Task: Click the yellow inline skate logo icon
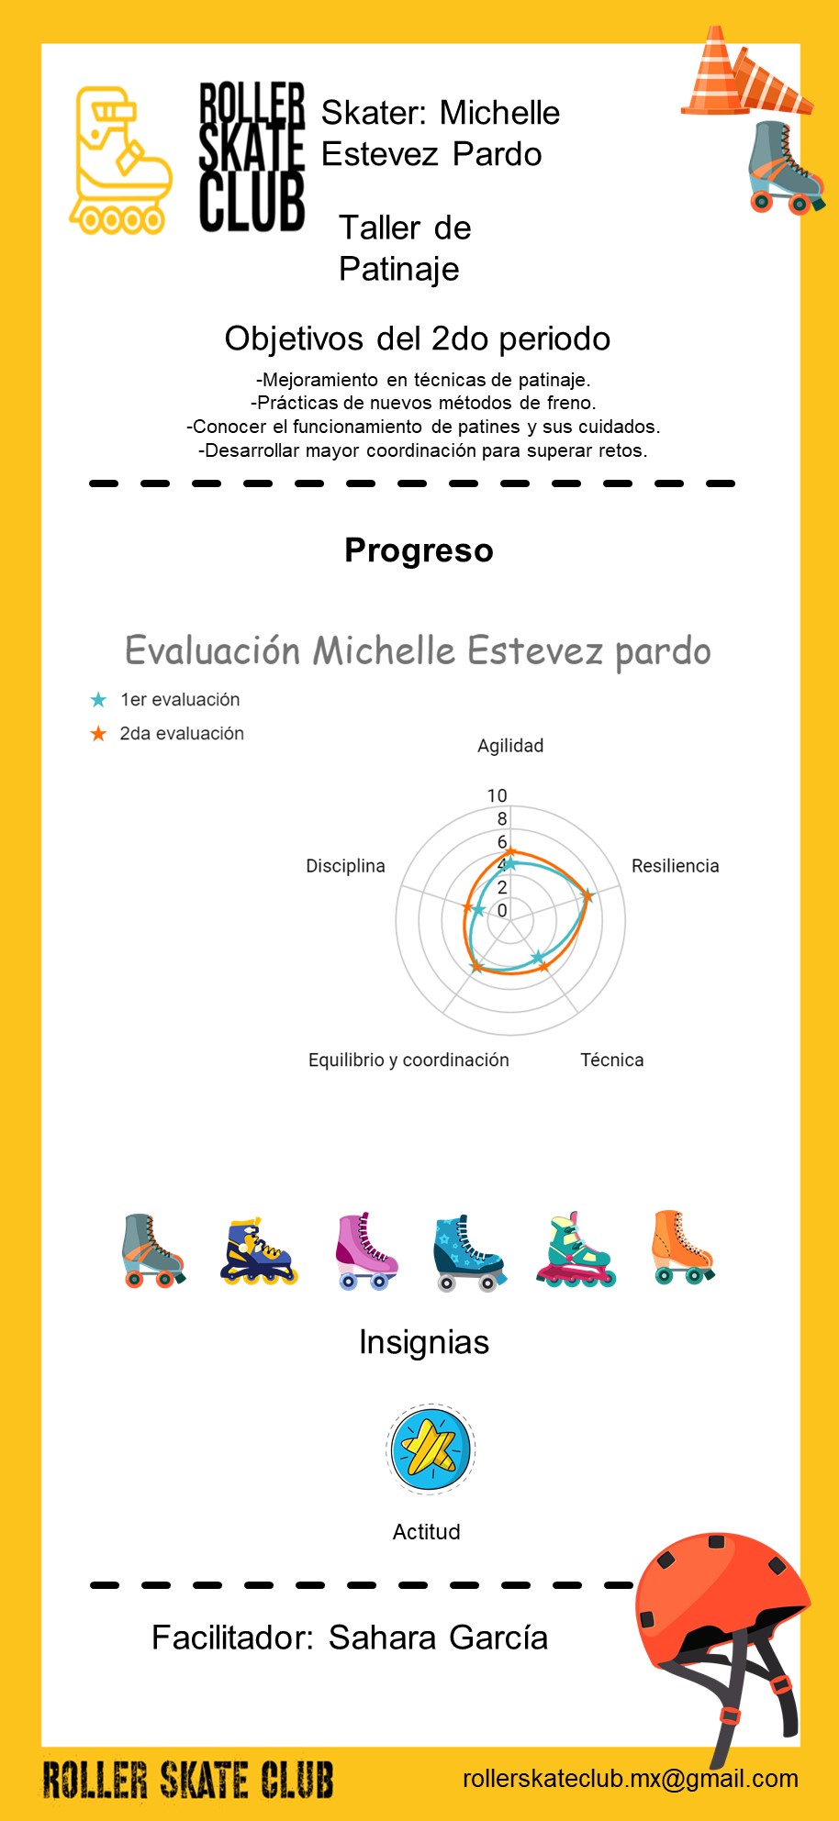tap(119, 161)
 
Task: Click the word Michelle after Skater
tap(499, 113)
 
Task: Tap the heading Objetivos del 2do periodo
tap(418, 339)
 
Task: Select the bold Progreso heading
tap(419, 550)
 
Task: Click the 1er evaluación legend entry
tap(164, 700)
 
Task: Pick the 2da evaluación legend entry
tap(166, 734)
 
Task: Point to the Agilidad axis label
tap(510, 746)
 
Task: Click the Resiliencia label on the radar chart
tap(675, 866)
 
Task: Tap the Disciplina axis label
tap(345, 866)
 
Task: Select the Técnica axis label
tap(612, 1060)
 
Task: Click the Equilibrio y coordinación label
tap(408, 1060)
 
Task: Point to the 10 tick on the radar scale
tap(497, 795)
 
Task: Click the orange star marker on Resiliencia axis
tap(587, 896)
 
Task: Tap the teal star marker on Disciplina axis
tap(478, 910)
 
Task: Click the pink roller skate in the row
tap(366, 1251)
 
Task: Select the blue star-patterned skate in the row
tap(469, 1253)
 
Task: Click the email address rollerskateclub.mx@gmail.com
tap(631, 1778)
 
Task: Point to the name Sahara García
tap(438, 1638)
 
